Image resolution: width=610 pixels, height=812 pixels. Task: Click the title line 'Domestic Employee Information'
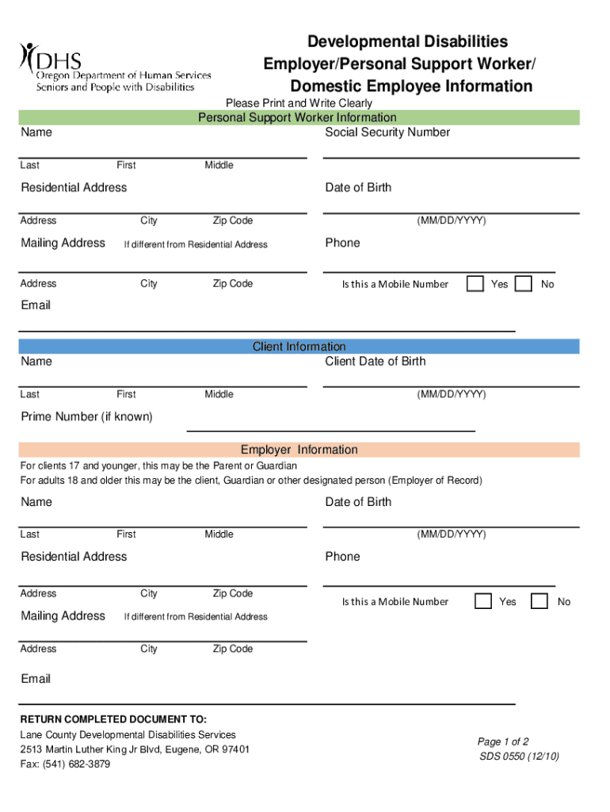(x=411, y=86)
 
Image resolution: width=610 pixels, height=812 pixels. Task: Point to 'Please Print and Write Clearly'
(x=299, y=103)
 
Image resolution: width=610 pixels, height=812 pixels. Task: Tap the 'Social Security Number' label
(x=387, y=132)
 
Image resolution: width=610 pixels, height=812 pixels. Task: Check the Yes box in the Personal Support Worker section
(x=475, y=283)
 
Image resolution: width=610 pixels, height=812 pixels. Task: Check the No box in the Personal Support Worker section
(x=524, y=283)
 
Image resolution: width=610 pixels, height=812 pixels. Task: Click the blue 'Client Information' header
(x=299, y=347)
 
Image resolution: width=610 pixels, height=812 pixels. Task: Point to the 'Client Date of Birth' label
(x=375, y=361)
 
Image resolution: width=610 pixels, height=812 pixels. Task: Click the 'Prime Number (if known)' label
(x=86, y=416)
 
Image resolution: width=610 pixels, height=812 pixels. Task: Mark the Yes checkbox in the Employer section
(x=483, y=601)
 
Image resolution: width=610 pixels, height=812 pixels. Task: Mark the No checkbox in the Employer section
(x=539, y=601)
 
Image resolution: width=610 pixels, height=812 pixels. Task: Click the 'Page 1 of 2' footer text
(x=503, y=741)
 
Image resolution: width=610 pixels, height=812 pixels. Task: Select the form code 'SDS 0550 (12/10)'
(x=520, y=756)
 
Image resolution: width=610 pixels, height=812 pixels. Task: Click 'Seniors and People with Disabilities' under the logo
(x=115, y=86)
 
